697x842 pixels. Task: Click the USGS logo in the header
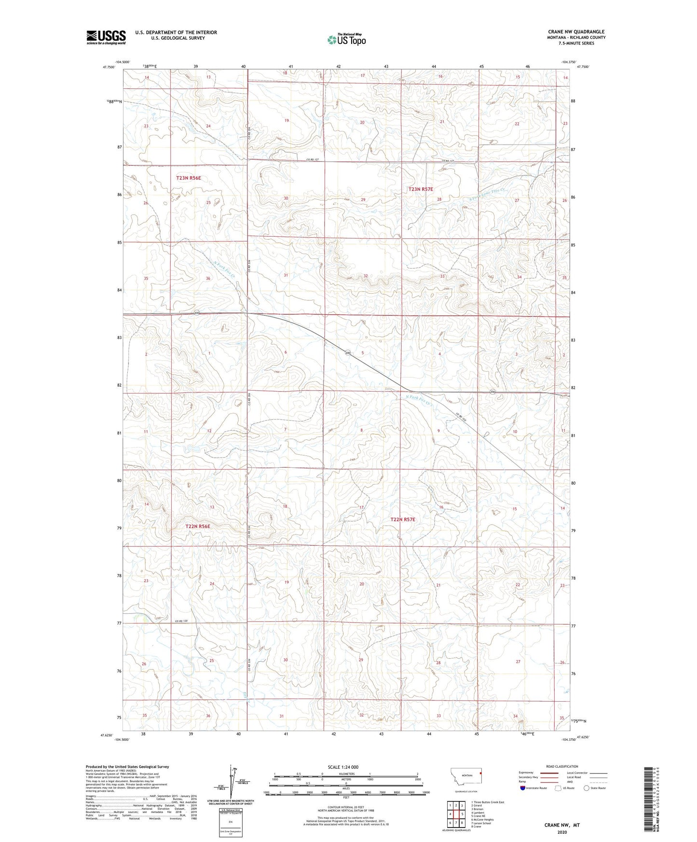pos(106,37)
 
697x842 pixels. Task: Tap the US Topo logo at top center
pos(346,40)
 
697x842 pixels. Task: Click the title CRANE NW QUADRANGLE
pos(576,32)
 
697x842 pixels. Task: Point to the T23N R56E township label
pos(188,178)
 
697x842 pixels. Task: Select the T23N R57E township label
pos(424,190)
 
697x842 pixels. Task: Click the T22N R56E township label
pos(198,526)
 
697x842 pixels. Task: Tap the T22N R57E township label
pos(402,519)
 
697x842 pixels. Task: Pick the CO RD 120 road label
pos(181,621)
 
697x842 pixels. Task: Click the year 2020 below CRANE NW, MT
pos(562,832)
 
